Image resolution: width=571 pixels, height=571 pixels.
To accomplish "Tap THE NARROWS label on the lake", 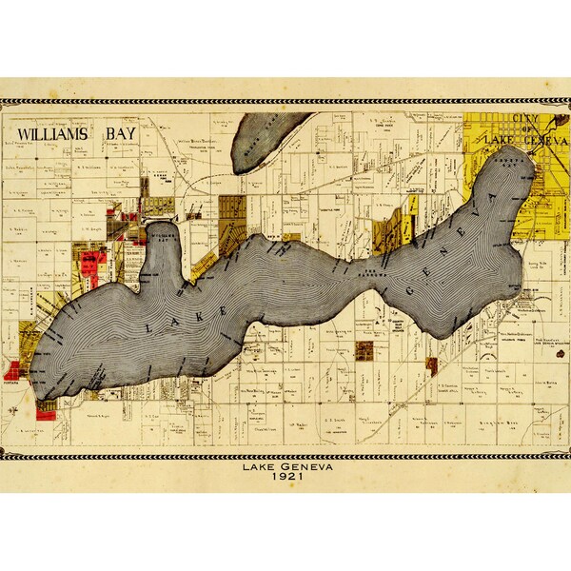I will pyautogui.click(x=366, y=273).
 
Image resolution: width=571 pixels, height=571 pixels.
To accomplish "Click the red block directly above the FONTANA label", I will pyautogui.click(x=13, y=369).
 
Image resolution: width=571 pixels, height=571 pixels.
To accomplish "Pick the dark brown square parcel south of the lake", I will pyautogui.click(x=364, y=350).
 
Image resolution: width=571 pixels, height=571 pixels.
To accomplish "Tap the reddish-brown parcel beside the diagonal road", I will pyautogui.click(x=430, y=363).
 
